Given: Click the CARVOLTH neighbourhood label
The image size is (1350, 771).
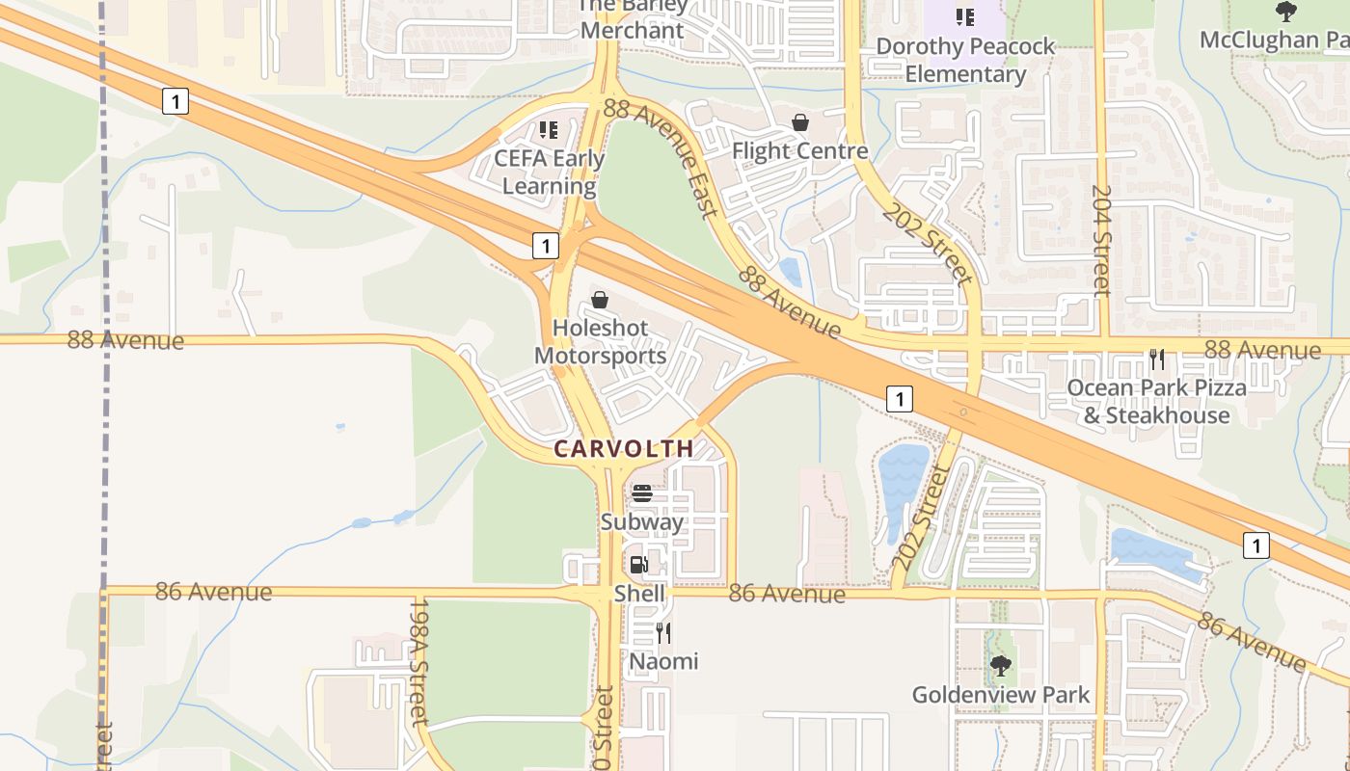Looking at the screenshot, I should tap(624, 448).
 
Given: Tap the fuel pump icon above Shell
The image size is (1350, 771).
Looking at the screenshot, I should tap(638, 565).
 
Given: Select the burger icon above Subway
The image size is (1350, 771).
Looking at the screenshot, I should tap(642, 493).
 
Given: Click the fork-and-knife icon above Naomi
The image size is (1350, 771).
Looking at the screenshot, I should tap(663, 633).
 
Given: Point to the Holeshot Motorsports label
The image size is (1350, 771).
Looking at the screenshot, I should tap(600, 342).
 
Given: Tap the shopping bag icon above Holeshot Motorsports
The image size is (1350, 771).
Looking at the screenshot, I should tap(600, 300).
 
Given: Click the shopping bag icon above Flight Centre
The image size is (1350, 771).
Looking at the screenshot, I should tap(799, 122).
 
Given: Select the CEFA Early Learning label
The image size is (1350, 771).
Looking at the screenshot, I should tap(549, 173).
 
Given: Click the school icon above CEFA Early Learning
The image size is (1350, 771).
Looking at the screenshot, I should tap(549, 129).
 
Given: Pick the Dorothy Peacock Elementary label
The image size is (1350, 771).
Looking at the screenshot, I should tap(965, 60).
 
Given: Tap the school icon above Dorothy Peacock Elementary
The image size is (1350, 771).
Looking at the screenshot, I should tap(964, 16).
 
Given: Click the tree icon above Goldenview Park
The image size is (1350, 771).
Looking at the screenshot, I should tap(1001, 665).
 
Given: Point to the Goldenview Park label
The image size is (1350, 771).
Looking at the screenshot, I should tap(1001, 695).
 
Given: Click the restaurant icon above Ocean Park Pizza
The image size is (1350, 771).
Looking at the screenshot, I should tap(1157, 359).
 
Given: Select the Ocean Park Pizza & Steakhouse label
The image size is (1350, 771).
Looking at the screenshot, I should tap(1156, 401).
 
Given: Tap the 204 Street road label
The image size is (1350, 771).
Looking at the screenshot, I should tap(1102, 240).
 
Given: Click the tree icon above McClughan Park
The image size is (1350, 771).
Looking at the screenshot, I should tap(1285, 12).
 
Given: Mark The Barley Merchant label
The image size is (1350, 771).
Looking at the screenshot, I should tap(632, 19).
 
